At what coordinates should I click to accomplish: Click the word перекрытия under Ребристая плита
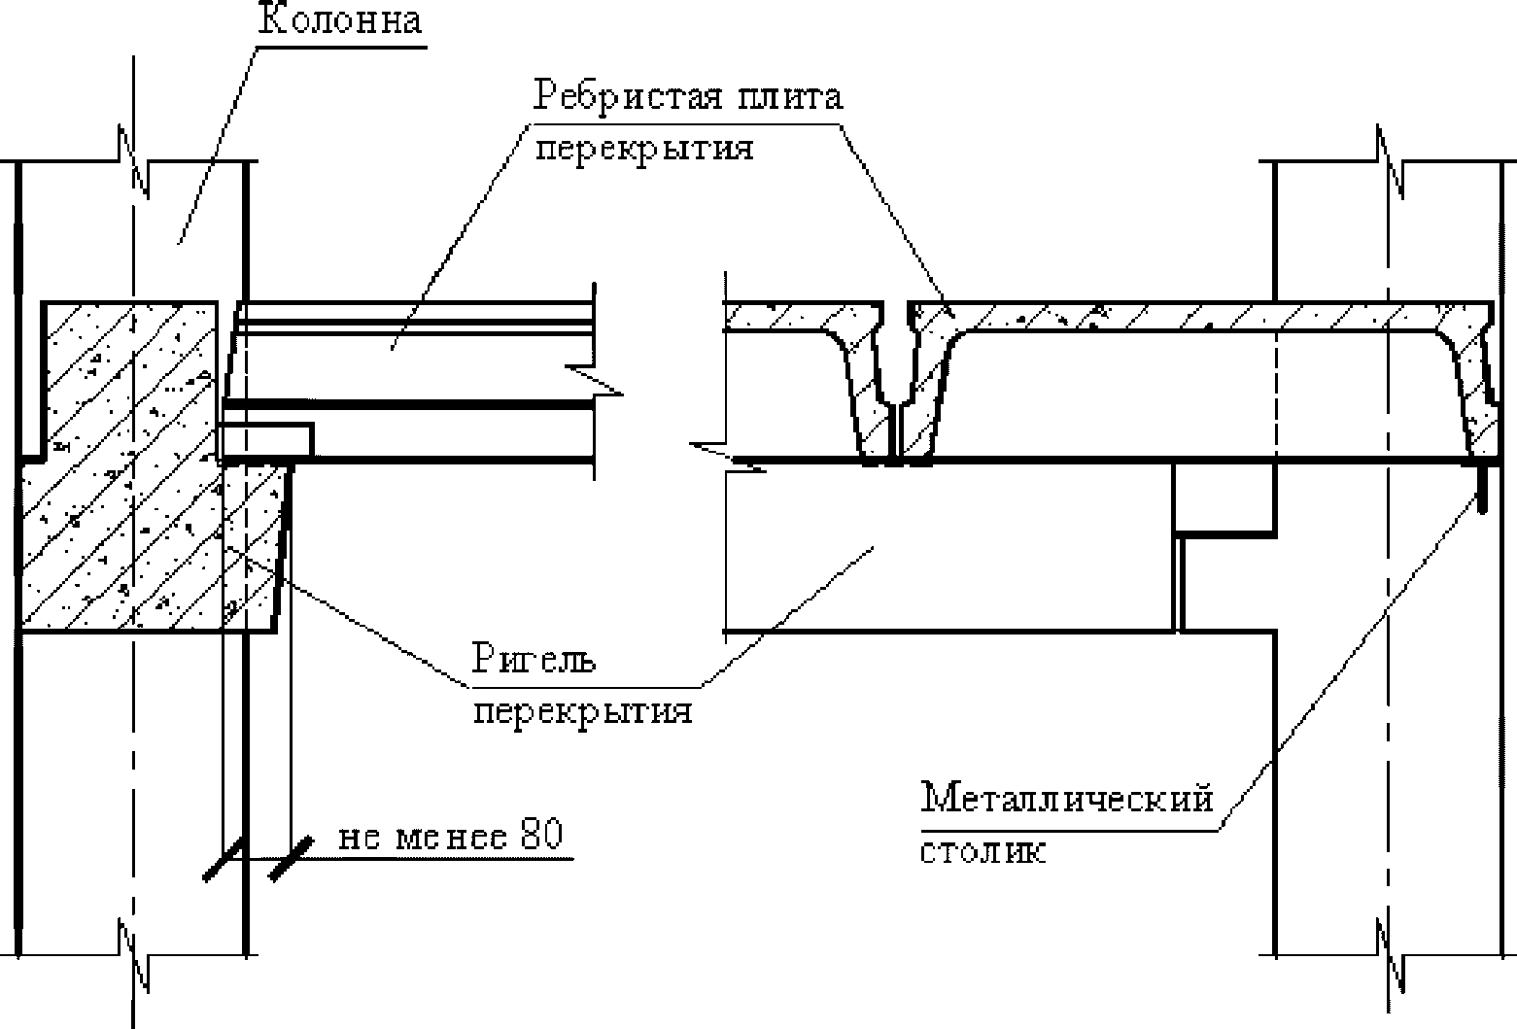[x=644, y=149]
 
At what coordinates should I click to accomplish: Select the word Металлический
[x=1067, y=799]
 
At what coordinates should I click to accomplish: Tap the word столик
[x=983, y=850]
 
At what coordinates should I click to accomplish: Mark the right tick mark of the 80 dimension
[x=291, y=860]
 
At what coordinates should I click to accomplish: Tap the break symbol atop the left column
[x=133, y=160]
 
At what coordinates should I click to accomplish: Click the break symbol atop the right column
[x=1390, y=160]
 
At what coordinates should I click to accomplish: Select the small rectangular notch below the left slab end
[x=268, y=440]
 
